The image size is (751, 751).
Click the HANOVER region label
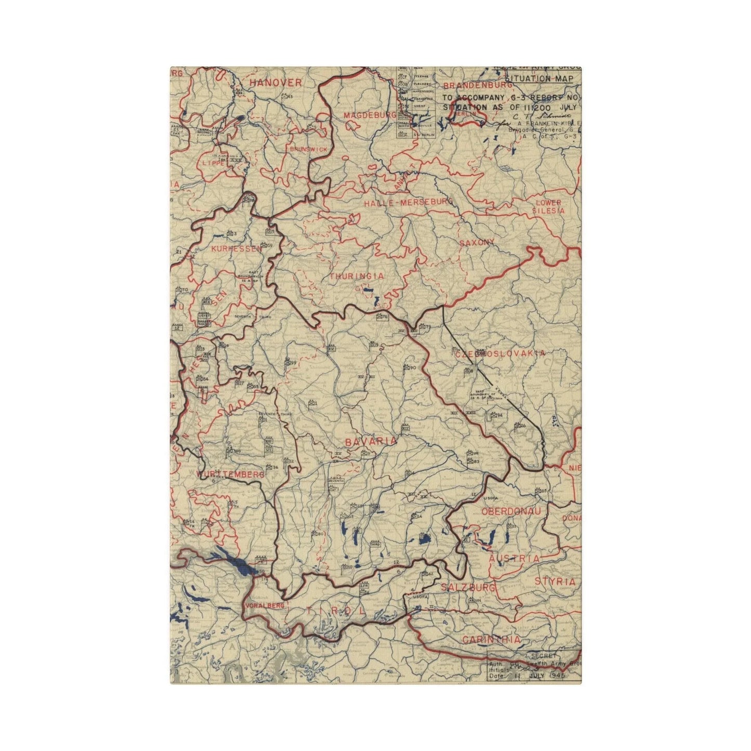pos(275,83)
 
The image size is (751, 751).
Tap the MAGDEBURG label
pos(370,114)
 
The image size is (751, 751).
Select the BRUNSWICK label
pos(309,149)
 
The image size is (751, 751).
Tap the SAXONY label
pos(477,242)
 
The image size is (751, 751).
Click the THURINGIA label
pos(357,276)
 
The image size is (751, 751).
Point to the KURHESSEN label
pos(236,249)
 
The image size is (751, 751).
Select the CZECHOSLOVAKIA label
pos(500,353)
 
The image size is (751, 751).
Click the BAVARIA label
pos(371,441)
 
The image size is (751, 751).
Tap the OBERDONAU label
pos(511,511)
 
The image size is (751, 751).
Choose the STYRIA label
pos(555,582)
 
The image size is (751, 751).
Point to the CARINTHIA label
pos(491,640)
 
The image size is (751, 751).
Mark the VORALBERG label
pos(265,606)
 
